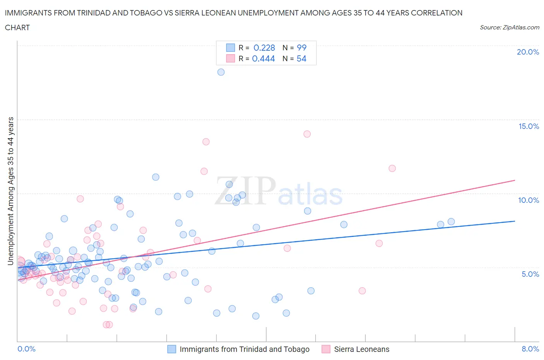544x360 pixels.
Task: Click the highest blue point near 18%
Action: (221, 72)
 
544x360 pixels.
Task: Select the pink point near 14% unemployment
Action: (307, 134)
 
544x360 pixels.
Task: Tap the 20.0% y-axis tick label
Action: (528, 52)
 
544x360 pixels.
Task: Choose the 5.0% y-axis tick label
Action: (530, 274)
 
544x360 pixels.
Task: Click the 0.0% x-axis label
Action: (27, 349)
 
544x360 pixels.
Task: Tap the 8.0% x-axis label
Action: (530, 349)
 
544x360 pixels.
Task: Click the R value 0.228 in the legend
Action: (264, 48)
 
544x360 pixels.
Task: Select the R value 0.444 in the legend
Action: (263, 58)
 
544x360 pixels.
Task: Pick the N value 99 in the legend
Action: (301, 48)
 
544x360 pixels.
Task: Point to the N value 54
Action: (301, 58)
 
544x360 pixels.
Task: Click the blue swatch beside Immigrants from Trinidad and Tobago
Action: (171, 349)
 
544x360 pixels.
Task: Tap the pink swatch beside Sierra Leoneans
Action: (326, 349)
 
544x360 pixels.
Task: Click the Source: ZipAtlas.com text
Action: (509, 27)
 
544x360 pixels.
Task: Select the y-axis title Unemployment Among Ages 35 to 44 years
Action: (10, 191)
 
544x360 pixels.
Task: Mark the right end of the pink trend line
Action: (515, 180)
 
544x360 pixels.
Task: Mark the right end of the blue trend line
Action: (515, 221)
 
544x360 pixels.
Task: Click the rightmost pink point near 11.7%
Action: (392, 168)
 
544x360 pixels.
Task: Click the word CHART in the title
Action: (17, 27)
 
